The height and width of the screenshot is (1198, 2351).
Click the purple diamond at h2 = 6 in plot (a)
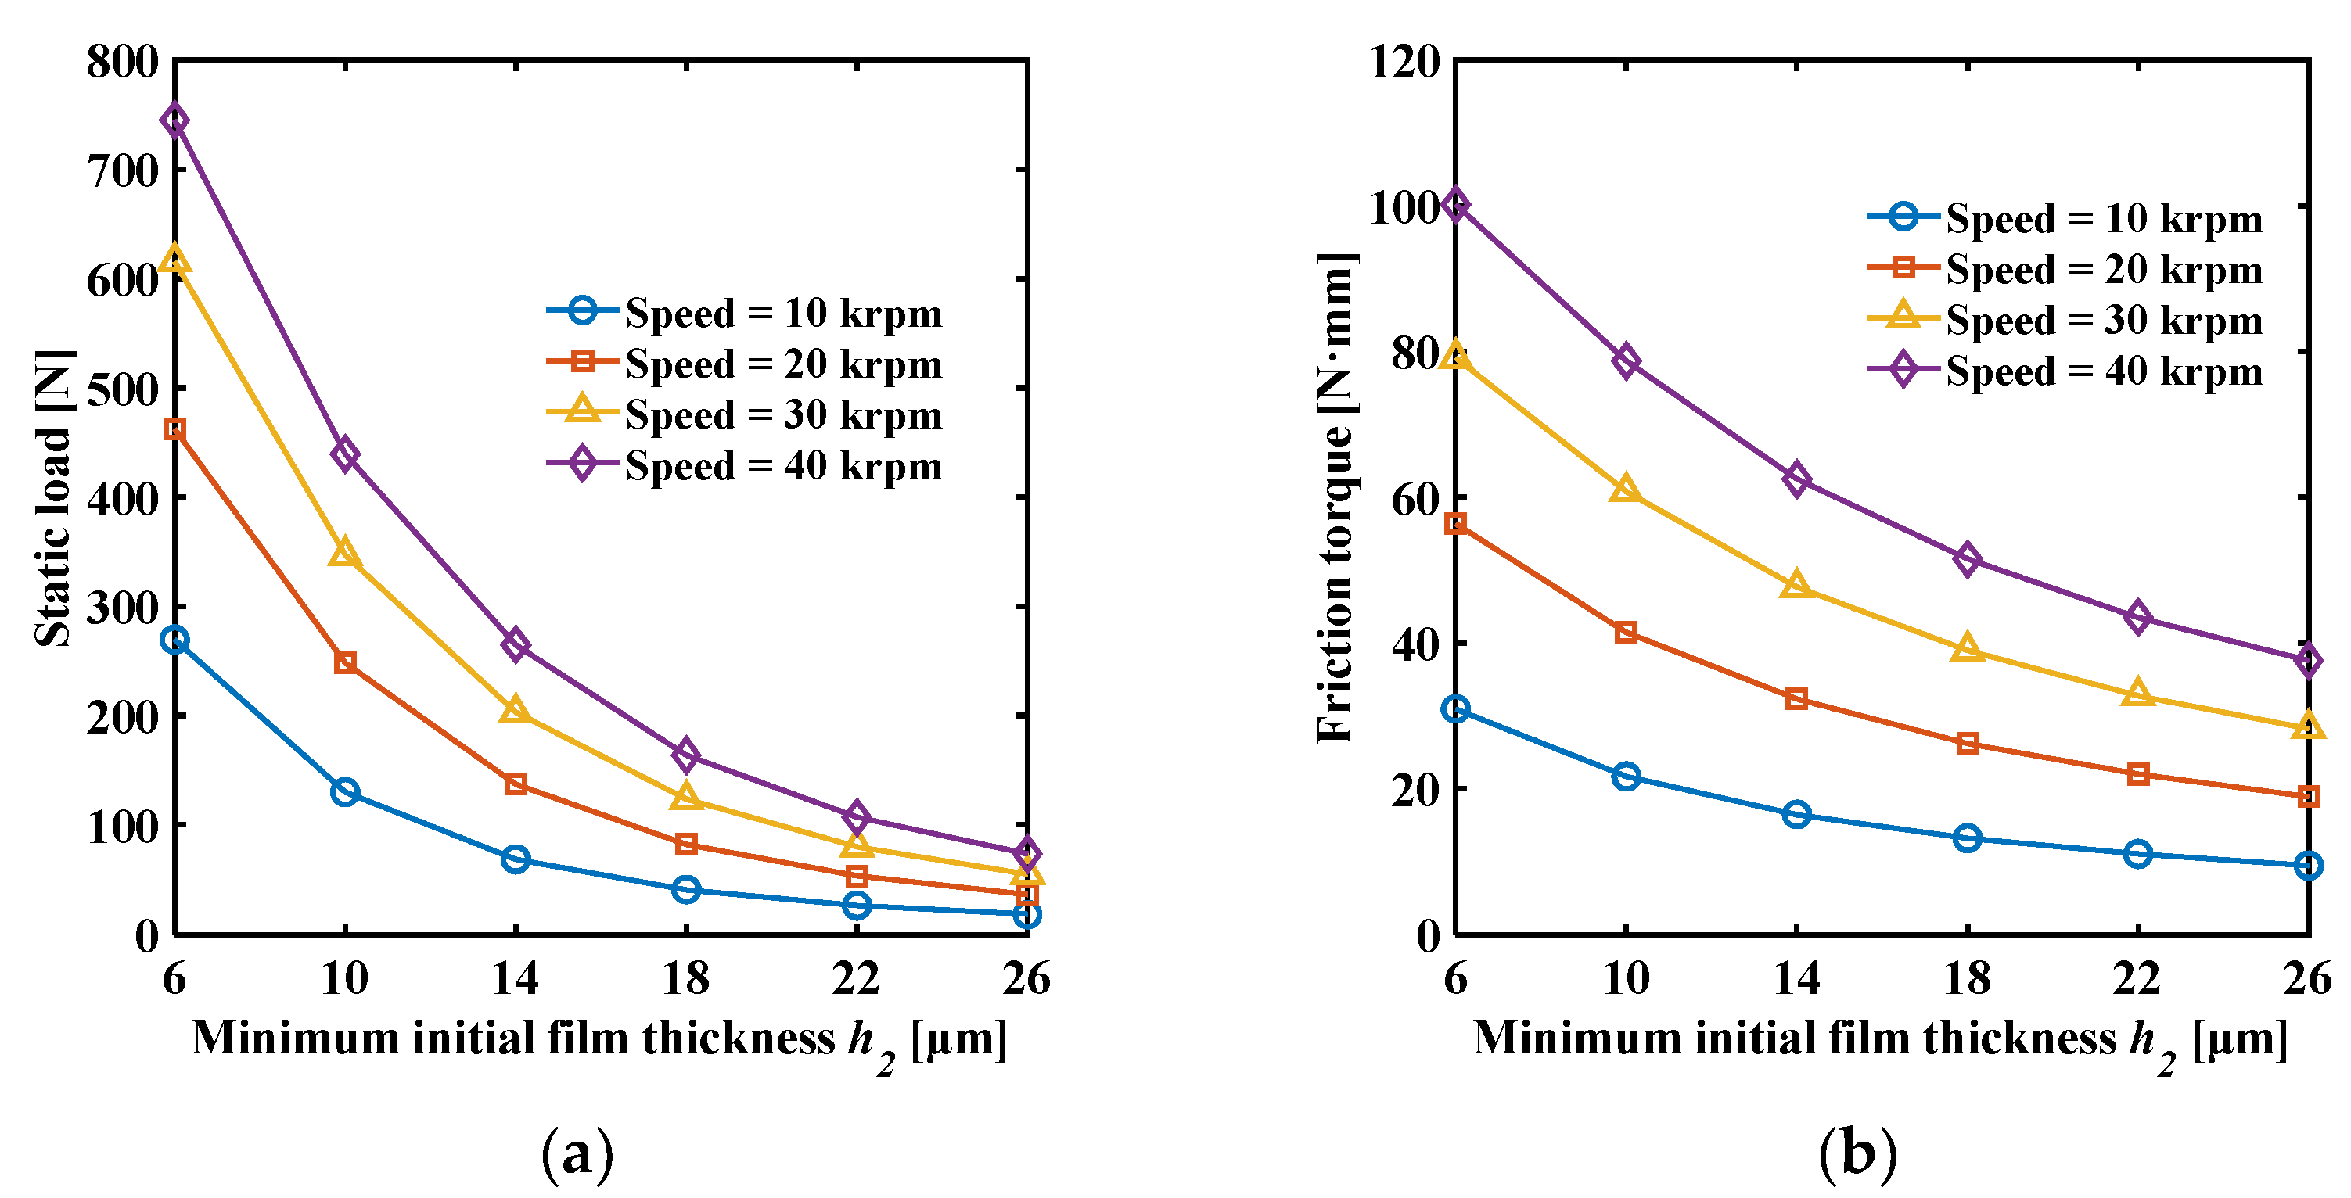coord(174,120)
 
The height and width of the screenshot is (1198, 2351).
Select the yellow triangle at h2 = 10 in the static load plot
coord(345,554)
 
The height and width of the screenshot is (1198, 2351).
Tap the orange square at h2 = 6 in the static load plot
coord(174,429)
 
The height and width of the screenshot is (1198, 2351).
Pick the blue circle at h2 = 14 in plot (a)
coord(516,859)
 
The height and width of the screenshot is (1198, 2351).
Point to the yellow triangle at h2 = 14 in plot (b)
coord(1796,586)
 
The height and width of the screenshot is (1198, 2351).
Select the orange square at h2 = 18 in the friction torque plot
coord(1968,744)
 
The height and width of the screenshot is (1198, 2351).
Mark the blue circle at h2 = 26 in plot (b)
coord(2308,865)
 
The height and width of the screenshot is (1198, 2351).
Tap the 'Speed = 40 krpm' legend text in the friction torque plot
coord(2104,372)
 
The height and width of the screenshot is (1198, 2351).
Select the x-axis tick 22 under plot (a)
coord(856,979)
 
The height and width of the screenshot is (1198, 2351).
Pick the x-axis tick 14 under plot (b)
coord(1796,979)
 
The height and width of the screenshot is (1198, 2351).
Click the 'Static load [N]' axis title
coord(53,498)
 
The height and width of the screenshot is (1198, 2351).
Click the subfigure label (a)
coord(577,1154)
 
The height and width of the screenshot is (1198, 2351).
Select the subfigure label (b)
coord(1858,1154)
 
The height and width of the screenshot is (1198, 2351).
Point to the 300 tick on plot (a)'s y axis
coord(122,608)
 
